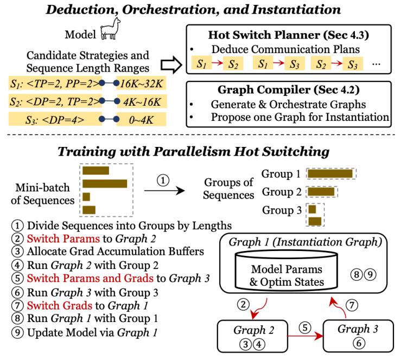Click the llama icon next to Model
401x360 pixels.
110,29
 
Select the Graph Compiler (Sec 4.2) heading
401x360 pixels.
289,89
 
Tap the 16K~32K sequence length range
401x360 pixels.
141,83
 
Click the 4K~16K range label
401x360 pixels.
142,102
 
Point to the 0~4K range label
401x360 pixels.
142,120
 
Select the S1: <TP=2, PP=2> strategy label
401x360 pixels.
55,83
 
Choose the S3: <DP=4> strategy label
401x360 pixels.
55,120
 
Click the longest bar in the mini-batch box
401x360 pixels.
105,184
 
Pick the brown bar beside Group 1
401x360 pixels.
330,173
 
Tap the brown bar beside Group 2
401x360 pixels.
321,192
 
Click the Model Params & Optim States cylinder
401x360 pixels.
287,271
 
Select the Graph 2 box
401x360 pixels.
253,336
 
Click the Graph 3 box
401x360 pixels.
358,336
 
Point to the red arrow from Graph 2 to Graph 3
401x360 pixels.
305,336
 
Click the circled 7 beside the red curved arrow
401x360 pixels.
352,305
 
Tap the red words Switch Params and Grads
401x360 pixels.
90,278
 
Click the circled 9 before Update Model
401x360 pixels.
17,332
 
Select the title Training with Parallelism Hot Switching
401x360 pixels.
193,151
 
